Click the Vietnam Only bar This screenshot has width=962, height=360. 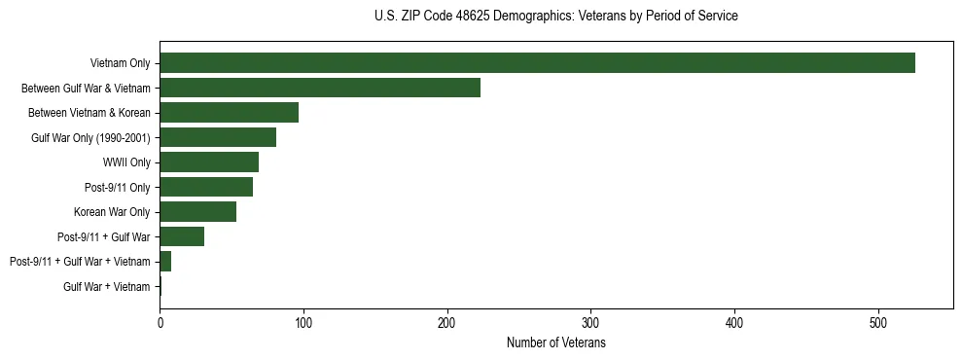pos(537,63)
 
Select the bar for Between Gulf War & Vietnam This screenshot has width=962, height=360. pos(320,88)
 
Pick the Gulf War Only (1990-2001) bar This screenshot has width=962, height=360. pos(218,137)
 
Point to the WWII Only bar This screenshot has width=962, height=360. pos(209,162)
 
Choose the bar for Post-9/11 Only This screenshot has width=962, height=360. pos(206,187)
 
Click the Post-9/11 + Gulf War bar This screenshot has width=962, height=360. pos(182,236)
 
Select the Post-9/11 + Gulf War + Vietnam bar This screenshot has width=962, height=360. pos(165,262)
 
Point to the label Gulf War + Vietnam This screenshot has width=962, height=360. pos(107,286)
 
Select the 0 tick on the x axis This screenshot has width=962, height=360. pos(160,320)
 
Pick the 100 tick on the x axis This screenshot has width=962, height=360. pos(303,320)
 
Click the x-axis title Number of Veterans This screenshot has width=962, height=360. pos(556,343)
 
